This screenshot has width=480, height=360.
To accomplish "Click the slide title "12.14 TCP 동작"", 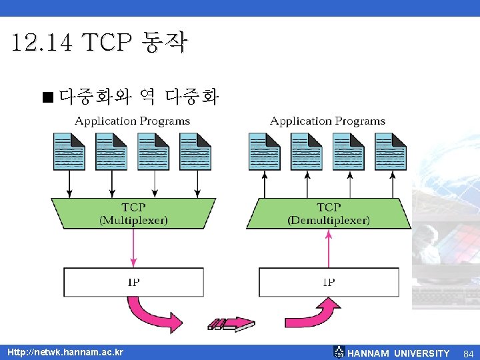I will point(100,44).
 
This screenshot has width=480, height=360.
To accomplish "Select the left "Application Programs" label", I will point(132,121).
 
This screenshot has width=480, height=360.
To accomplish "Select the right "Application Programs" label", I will point(327,121).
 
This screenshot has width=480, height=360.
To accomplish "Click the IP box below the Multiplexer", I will point(133,282).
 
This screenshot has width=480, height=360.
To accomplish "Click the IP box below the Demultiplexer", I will point(329,282).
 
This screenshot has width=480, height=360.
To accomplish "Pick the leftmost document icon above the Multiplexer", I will point(69,152).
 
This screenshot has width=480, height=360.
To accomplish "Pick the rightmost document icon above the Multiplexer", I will point(195,152).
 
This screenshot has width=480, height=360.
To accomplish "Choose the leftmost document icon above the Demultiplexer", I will point(265,152).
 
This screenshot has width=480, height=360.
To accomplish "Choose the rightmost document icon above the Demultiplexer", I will point(391,152).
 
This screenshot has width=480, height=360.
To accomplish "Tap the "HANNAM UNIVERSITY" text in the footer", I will point(398,353).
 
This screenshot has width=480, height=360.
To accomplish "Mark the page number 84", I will point(468,353).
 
